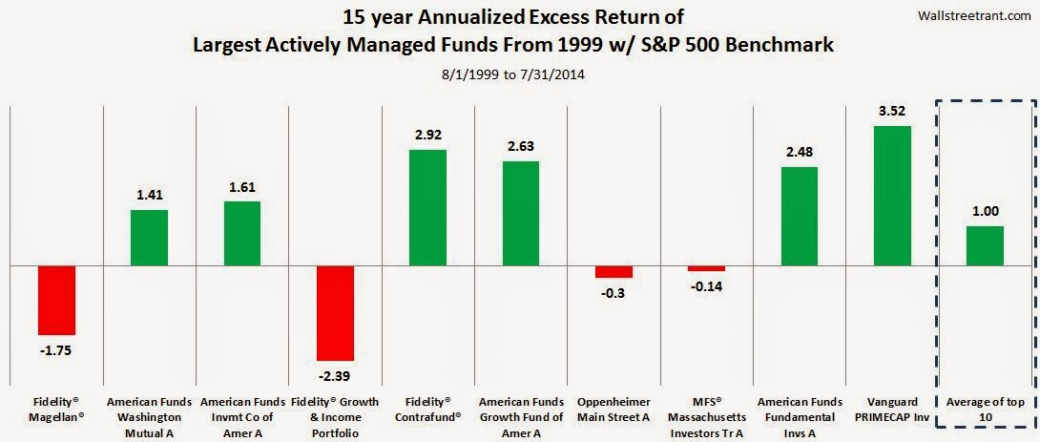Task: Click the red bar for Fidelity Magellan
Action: (56, 300)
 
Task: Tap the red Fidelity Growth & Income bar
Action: (336, 315)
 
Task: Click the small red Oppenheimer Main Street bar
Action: (614, 271)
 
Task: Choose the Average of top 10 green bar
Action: (985, 245)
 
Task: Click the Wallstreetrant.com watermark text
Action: (980, 14)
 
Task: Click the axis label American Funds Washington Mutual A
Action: (150, 417)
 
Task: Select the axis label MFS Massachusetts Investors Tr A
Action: (707, 417)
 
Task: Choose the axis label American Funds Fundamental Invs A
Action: (799, 417)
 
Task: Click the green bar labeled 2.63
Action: (521, 213)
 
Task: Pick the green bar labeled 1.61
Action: (242, 233)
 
